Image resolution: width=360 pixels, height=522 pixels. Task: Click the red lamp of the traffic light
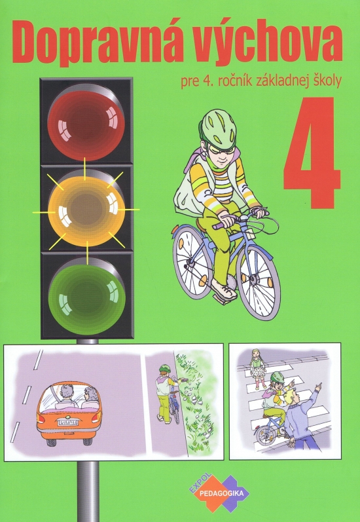[86, 125]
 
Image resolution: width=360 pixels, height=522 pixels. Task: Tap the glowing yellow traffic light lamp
[86, 211]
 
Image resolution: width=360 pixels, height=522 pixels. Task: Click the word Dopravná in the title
[90, 43]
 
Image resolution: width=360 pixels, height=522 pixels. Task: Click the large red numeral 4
[312, 153]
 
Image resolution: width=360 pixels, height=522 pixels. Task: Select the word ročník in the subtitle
[233, 81]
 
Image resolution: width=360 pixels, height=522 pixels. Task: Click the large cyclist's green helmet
[218, 129]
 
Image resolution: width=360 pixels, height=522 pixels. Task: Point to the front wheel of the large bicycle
[259, 282]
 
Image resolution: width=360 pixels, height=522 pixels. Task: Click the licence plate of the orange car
[68, 423]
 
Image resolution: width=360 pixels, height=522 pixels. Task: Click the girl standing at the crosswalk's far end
[257, 369]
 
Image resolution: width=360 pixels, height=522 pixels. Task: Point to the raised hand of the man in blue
[317, 387]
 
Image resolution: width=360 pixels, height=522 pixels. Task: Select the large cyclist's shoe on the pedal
[224, 289]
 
